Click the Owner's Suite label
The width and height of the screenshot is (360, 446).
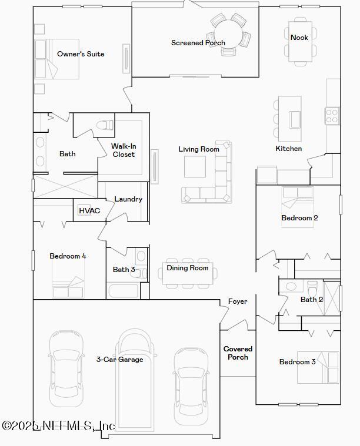tap(81, 54)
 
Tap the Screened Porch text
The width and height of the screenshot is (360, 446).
tap(198, 43)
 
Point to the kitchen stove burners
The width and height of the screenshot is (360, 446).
tap(332, 115)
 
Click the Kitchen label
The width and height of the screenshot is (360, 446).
tap(289, 149)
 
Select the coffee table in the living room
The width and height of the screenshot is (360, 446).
tap(195, 166)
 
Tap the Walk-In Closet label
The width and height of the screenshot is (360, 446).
tap(124, 150)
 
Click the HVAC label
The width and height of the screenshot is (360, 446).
tap(89, 211)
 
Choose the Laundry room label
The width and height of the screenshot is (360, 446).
tap(128, 199)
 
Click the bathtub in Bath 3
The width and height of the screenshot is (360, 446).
tap(123, 291)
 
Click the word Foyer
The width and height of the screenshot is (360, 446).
tap(238, 301)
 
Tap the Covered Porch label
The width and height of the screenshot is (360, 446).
tap(238, 353)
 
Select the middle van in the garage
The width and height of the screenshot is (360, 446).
tap(137, 382)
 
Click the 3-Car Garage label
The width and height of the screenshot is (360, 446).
tap(119, 360)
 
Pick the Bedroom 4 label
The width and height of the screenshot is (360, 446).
tap(68, 256)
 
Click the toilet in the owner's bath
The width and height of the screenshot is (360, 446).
tap(105, 125)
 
